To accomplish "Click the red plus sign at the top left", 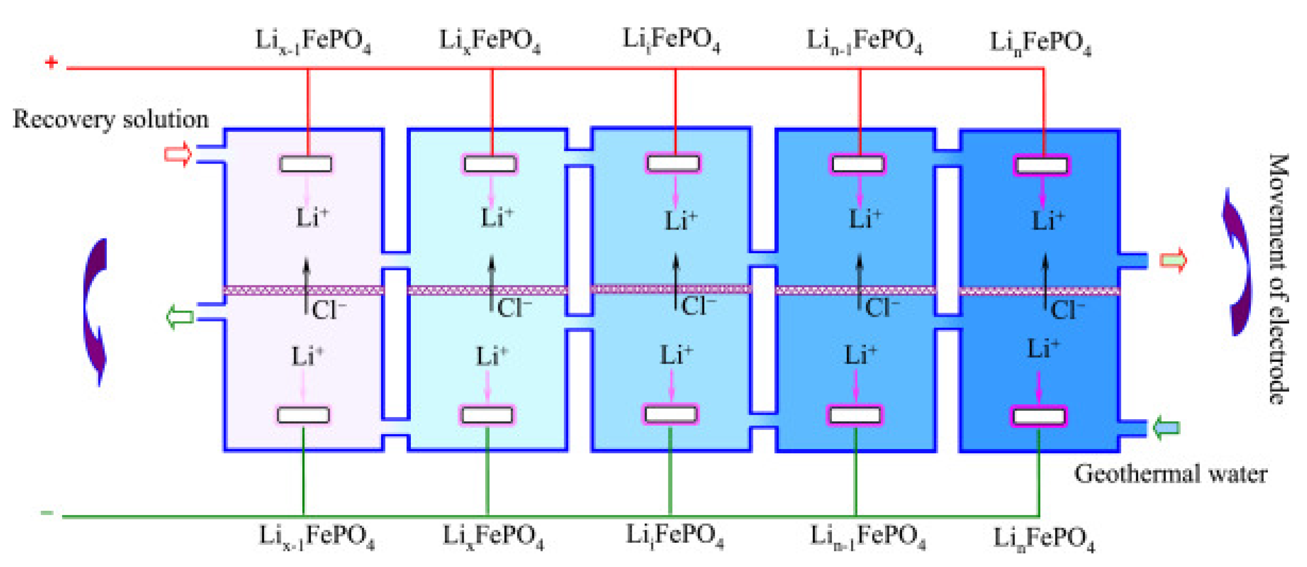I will pos(51,63).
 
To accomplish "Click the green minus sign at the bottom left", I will pos(47,513).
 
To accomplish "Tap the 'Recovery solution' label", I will pos(111,120).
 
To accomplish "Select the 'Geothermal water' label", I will pos(1170,474).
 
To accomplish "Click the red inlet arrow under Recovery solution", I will pos(178,154).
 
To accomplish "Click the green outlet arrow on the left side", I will pos(180,317).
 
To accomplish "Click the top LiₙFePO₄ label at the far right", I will pos(1040,43).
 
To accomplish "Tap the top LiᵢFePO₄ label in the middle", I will pos(671,40).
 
